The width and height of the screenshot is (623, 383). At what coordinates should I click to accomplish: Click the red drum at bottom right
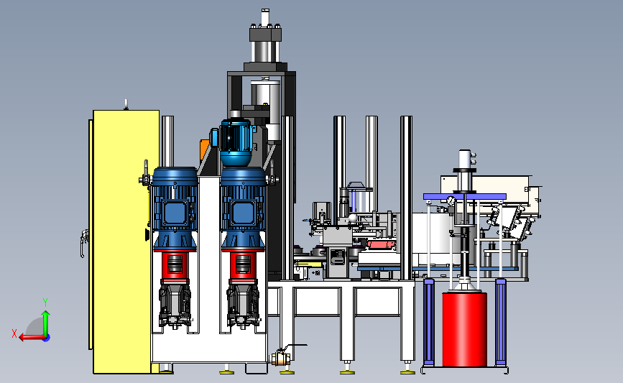(464, 329)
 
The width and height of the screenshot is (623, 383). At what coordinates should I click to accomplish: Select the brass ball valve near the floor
(281, 357)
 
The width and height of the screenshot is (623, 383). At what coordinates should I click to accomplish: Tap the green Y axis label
(45, 303)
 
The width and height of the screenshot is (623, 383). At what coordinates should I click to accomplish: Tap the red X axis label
(14, 333)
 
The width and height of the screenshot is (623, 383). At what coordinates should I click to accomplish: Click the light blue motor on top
(236, 142)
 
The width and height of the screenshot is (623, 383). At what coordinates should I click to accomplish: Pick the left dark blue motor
(175, 209)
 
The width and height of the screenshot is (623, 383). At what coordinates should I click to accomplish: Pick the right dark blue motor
(243, 209)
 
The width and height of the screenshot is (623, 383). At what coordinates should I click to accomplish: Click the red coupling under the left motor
(175, 266)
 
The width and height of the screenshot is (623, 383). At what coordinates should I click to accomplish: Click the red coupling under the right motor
(243, 266)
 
